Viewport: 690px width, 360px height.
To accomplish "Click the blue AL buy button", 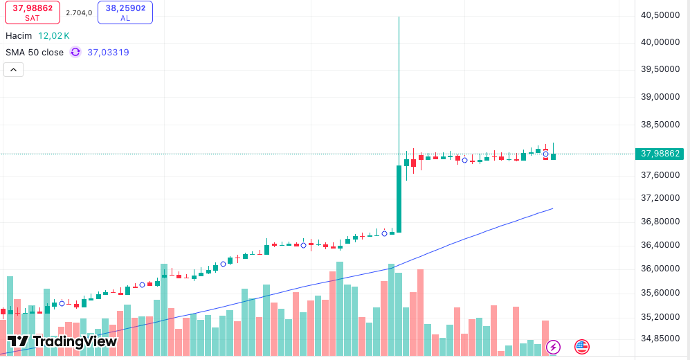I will (125, 12).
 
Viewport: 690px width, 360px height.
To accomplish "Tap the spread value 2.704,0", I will (79, 12).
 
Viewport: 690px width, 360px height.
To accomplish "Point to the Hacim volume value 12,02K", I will (54, 35).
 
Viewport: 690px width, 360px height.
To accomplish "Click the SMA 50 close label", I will (35, 52).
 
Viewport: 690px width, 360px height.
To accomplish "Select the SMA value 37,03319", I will (108, 52).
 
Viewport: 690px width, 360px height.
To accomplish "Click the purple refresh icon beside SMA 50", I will (75, 52).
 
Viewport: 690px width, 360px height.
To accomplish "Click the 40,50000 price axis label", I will (659, 15).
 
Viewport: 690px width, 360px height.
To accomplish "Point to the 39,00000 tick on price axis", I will (659, 97).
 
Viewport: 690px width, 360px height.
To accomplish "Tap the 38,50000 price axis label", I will (659, 125).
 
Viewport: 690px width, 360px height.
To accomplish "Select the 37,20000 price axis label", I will (659, 198).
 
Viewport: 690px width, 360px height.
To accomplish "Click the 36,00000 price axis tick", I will (659, 269).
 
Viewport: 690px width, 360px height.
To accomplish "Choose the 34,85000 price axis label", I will (659, 339).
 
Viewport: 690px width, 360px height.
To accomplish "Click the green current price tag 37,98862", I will (660, 154).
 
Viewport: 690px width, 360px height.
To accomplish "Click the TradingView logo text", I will (62, 341).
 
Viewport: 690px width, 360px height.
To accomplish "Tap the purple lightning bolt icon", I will (554, 346).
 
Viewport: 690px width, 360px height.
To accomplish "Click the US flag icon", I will (581, 346).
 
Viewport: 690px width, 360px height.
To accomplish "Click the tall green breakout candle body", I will (399, 199).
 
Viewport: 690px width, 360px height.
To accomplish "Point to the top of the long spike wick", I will (399, 17).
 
